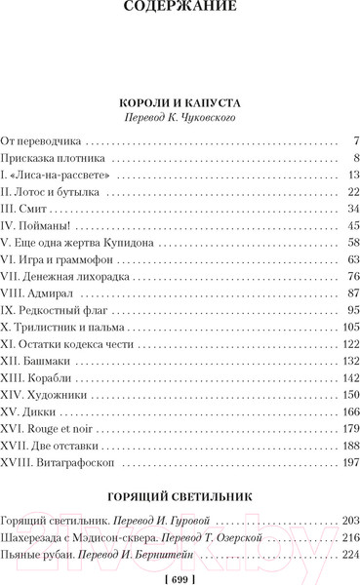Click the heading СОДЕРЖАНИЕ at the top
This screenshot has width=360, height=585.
point(180,13)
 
